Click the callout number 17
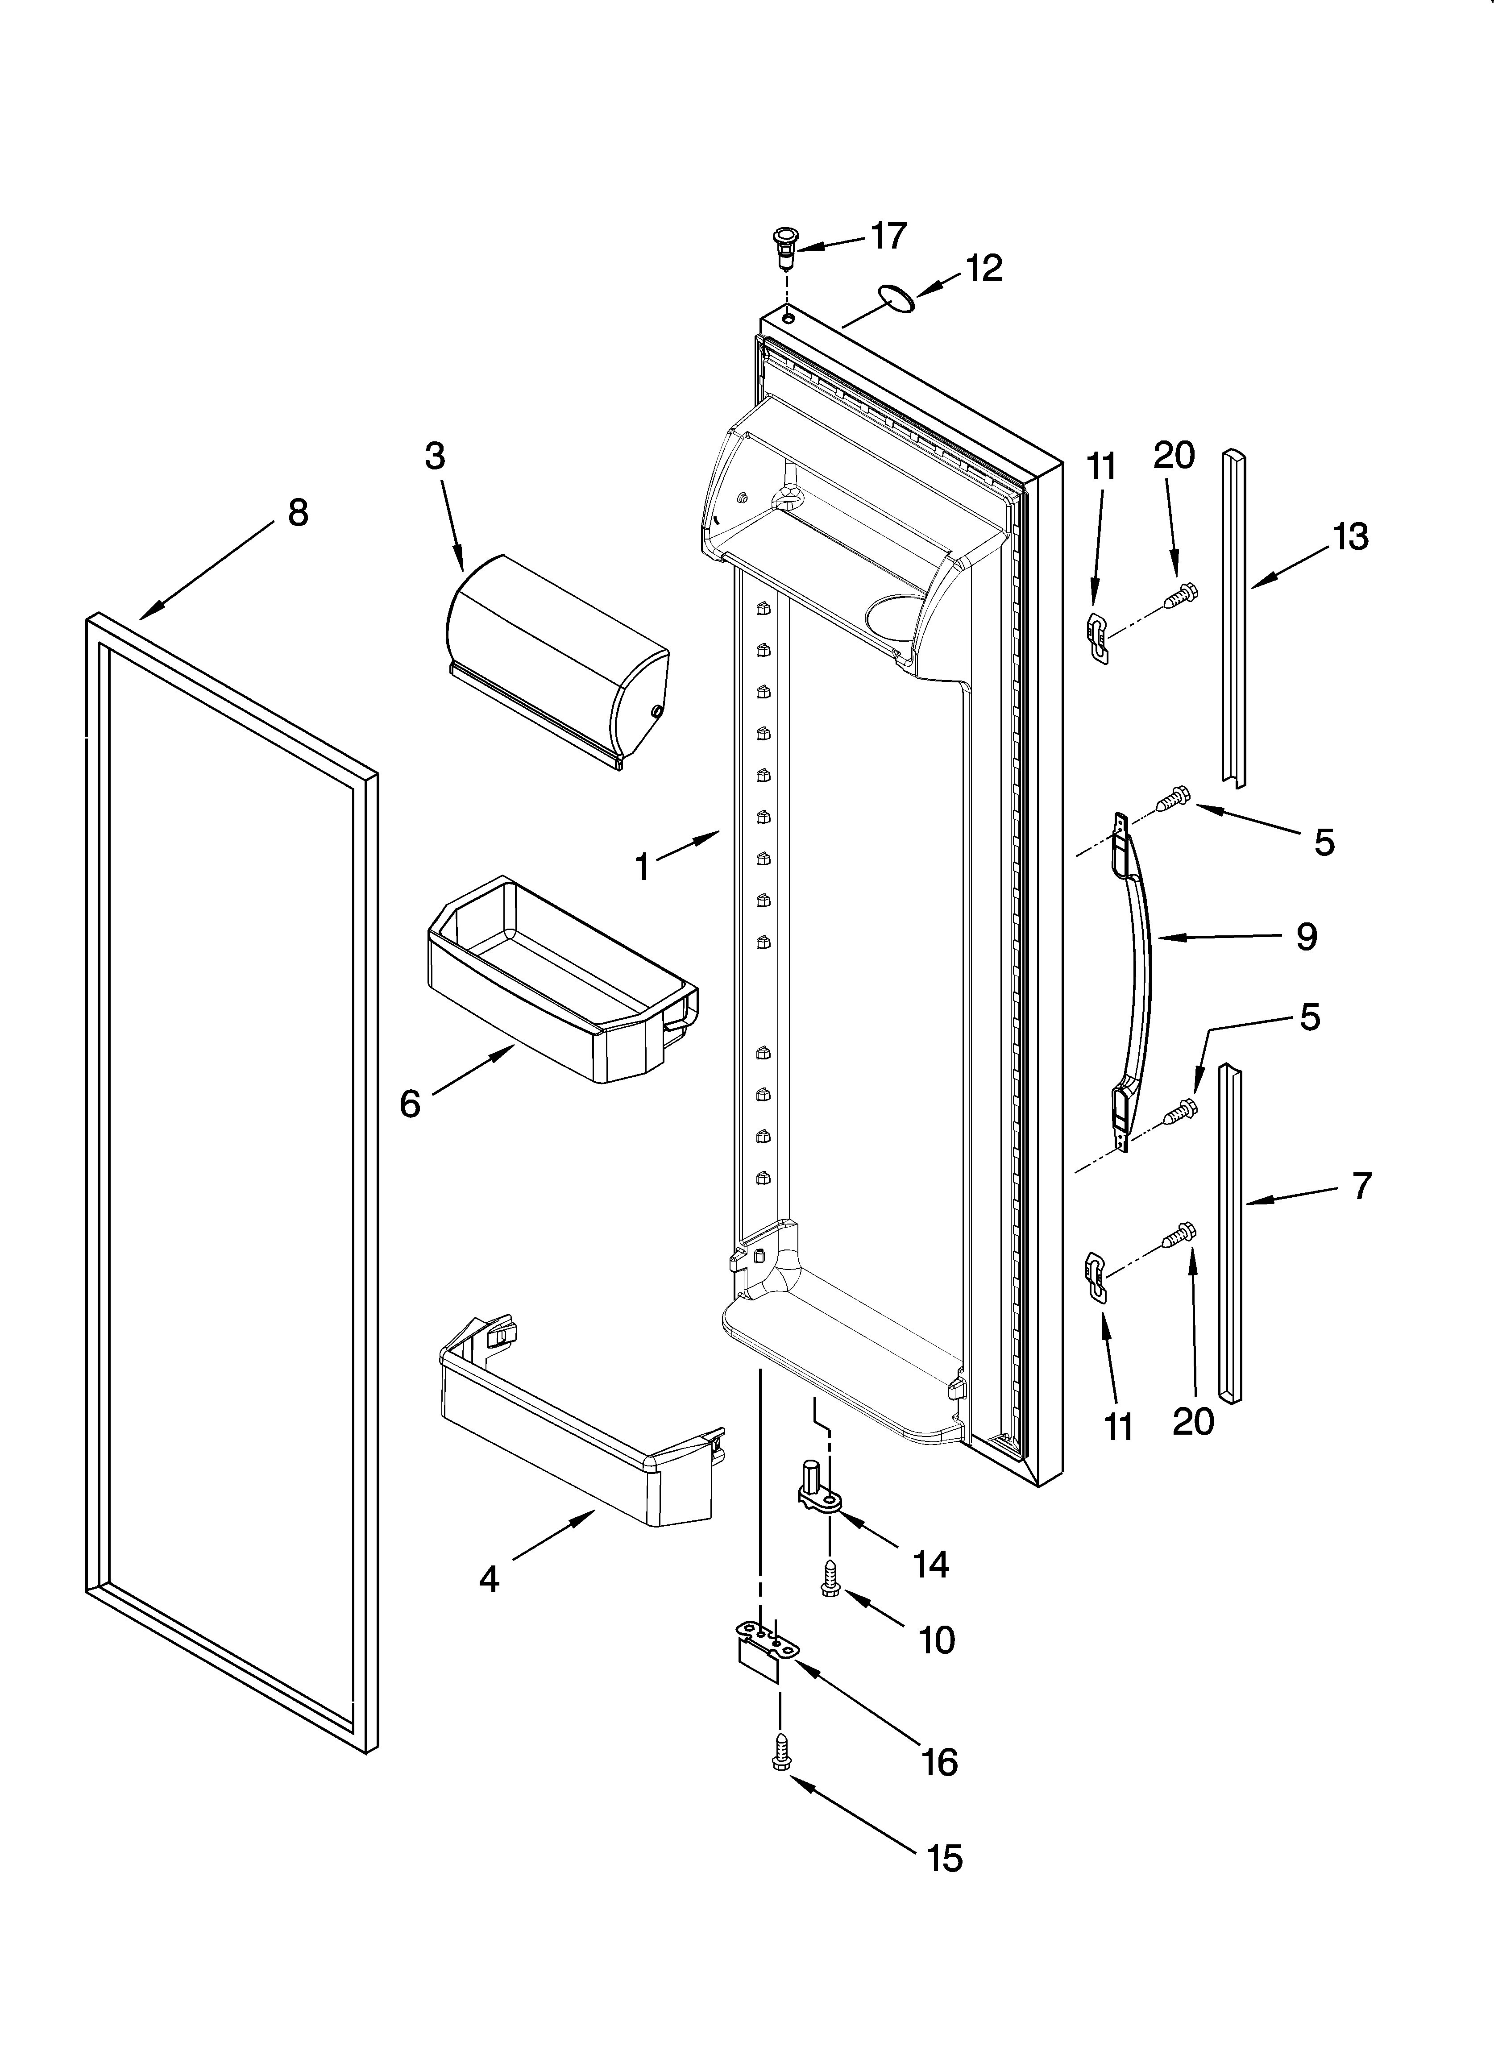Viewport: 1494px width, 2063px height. [x=889, y=236]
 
